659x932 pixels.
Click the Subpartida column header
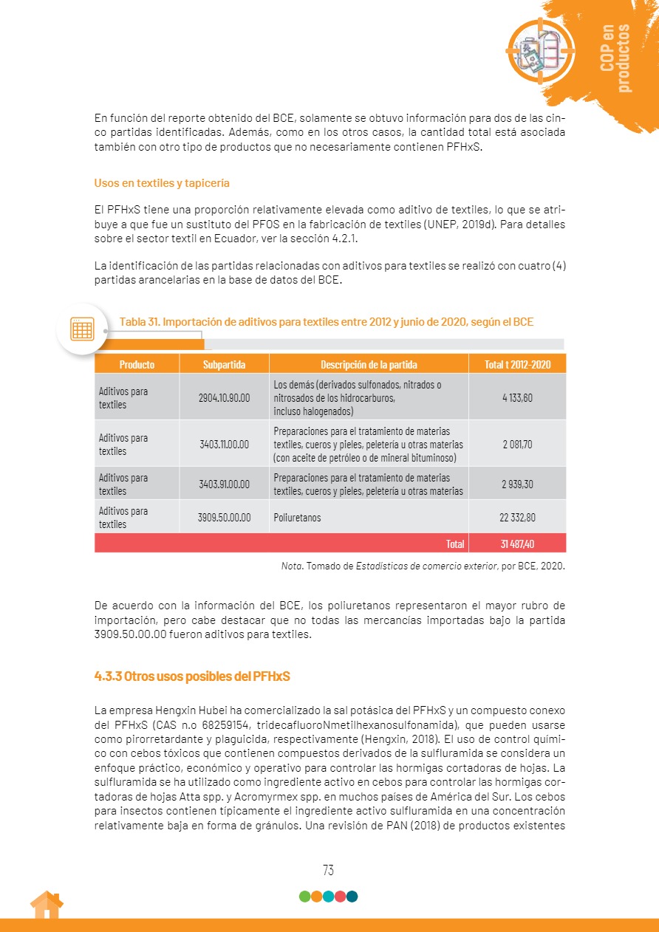click(x=224, y=364)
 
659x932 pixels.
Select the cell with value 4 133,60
click(x=517, y=397)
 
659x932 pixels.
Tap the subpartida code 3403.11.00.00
click(x=224, y=444)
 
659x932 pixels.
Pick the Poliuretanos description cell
click(x=297, y=518)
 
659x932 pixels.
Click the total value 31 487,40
click(x=517, y=544)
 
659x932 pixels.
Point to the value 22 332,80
click(x=517, y=518)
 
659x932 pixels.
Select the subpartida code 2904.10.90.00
click(x=224, y=397)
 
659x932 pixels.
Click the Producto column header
click(x=137, y=364)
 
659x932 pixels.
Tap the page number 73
click(x=329, y=870)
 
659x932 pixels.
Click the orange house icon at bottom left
click(x=46, y=905)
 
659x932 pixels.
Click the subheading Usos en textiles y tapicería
click(x=166, y=182)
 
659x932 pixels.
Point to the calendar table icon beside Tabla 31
click(x=81, y=329)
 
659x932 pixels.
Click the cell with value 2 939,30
click(x=517, y=484)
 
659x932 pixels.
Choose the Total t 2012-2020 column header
click(x=517, y=364)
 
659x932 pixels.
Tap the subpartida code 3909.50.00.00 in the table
click(x=224, y=518)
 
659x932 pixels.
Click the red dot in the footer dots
click(x=340, y=897)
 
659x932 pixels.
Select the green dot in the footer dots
click(x=304, y=897)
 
